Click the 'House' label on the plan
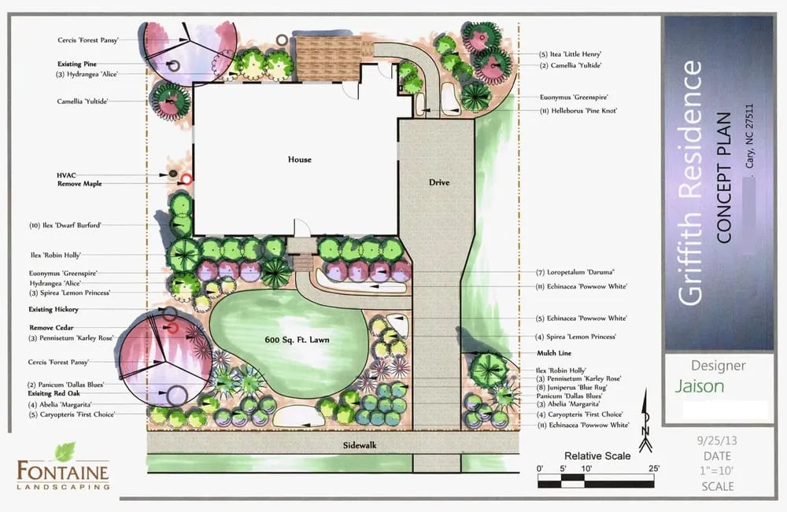[x=300, y=160]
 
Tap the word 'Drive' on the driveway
[x=439, y=182]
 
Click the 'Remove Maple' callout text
[x=79, y=183]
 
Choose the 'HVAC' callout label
[x=66, y=174]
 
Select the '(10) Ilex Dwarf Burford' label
[x=66, y=225]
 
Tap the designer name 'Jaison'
[x=700, y=387]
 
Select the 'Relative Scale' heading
[x=597, y=456]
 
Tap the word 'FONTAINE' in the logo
[x=64, y=470]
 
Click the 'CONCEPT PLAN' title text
[x=726, y=178]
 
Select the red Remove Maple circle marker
[x=187, y=179]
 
